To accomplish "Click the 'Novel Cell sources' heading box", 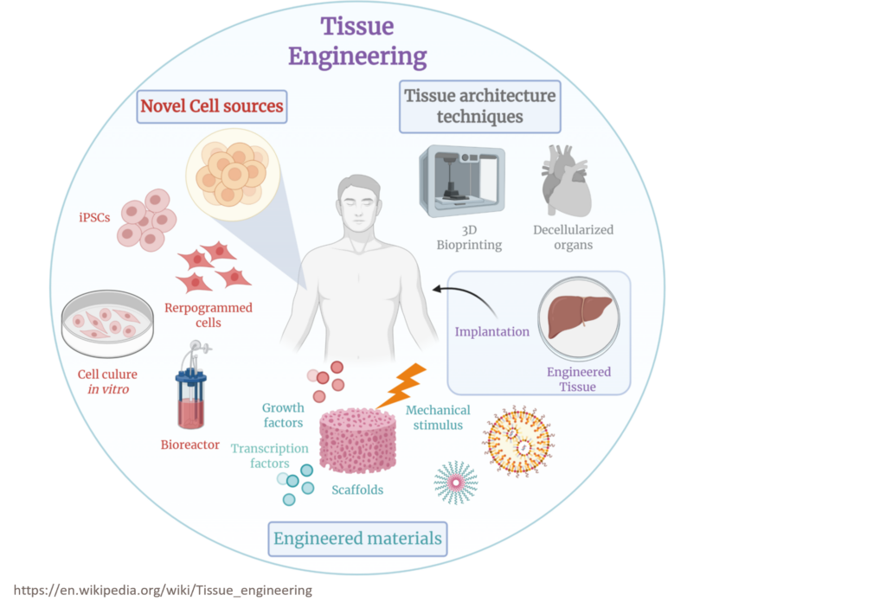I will pyautogui.click(x=212, y=106).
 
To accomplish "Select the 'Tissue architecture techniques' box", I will pyautogui.click(x=479, y=106).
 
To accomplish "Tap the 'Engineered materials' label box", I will pyautogui.click(x=357, y=539).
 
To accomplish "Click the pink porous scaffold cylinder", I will pyautogui.click(x=357, y=440).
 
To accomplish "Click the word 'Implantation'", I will pyautogui.click(x=491, y=331).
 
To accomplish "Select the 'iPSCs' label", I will pyautogui.click(x=92, y=218).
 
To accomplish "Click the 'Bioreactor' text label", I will pyautogui.click(x=189, y=445).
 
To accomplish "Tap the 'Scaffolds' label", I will pyautogui.click(x=357, y=490).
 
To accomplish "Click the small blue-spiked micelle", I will pyautogui.click(x=455, y=483).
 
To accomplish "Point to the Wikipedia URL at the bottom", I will pyautogui.click(x=163, y=591).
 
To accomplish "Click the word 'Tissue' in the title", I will pyautogui.click(x=356, y=26).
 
